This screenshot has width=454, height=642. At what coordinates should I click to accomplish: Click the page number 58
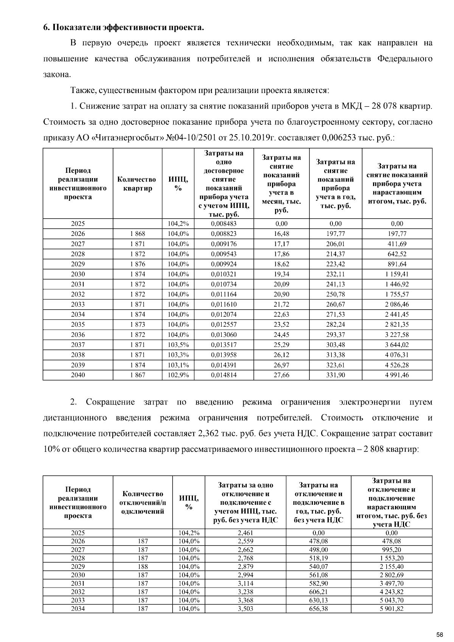(439, 634)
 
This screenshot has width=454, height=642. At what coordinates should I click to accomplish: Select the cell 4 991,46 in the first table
(397, 375)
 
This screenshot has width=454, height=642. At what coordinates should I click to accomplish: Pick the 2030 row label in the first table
(78, 274)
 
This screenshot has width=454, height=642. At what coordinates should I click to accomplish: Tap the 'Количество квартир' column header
(137, 184)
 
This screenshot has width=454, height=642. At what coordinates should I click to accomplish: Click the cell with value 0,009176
(224, 244)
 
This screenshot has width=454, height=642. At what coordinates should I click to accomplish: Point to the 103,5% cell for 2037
(178, 345)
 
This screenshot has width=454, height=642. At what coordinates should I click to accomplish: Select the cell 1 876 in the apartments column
(137, 264)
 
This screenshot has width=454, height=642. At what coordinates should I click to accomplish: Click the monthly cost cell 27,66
(281, 375)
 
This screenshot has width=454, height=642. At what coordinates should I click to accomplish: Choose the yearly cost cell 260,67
(336, 304)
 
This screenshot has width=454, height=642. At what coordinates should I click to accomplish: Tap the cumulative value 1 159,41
(397, 274)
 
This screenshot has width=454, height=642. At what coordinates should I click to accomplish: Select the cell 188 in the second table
(143, 567)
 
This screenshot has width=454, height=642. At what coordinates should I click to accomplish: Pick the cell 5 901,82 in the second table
(392, 609)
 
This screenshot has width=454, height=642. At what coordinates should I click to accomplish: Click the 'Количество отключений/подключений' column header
(143, 502)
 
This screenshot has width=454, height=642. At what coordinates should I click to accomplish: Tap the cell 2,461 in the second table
(245, 533)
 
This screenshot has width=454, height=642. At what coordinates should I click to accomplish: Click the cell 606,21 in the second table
(319, 592)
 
